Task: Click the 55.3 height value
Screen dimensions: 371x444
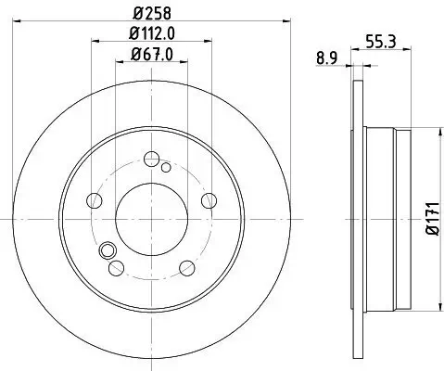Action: [376, 42]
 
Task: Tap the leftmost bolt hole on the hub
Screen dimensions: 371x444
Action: [92, 200]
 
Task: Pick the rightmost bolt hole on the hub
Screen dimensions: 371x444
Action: [208, 199]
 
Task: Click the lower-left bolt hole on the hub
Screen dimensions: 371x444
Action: [114, 268]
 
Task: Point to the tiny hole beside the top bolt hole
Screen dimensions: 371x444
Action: [165, 167]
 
